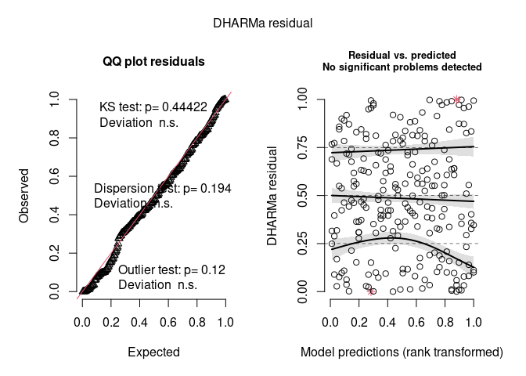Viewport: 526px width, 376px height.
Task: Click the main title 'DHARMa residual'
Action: coord(263,23)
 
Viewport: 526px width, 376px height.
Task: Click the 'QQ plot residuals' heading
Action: coord(153,62)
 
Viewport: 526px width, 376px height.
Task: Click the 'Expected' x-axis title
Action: coord(153,352)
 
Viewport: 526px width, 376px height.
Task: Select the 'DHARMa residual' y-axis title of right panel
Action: coord(273,195)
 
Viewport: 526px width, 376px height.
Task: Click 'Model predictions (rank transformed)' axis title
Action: coord(402,352)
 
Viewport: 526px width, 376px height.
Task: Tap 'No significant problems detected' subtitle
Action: coord(402,67)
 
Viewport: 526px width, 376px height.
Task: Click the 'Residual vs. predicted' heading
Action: coord(402,56)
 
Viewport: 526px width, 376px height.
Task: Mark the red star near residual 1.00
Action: coord(457,99)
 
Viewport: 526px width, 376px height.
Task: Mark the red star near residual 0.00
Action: coord(371,291)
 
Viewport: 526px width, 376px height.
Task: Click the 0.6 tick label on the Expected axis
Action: coord(168,322)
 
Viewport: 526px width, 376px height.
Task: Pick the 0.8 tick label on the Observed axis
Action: coord(53,138)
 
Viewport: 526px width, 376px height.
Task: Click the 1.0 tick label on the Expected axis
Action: coord(225,322)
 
